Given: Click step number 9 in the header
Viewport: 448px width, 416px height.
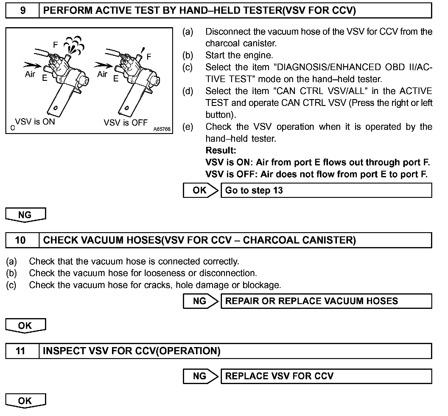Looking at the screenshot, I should pyautogui.click(x=23, y=11).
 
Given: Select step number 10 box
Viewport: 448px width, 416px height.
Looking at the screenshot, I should pyautogui.click(x=21, y=240).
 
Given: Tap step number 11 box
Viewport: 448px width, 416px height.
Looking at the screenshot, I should pyautogui.click(x=21, y=351).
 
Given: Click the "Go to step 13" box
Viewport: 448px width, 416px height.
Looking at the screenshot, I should pyautogui.click(x=326, y=190).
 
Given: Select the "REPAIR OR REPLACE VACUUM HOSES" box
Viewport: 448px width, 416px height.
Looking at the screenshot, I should pyautogui.click(x=326, y=301).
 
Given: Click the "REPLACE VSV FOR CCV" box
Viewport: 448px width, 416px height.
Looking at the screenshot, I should pyautogui.click(x=326, y=376).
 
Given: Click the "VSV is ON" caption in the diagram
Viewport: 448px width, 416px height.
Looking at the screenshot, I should pyautogui.click(x=35, y=122).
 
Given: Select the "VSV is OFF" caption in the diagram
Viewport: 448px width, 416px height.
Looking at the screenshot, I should pyautogui.click(x=125, y=123).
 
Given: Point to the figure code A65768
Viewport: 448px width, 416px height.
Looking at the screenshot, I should pyautogui.click(x=162, y=129).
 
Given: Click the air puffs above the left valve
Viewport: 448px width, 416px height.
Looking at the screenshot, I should pyautogui.click(x=75, y=45).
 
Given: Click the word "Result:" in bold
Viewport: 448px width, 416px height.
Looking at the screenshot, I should pyautogui.click(x=221, y=150).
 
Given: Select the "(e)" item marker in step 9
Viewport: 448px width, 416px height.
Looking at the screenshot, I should pyautogui.click(x=188, y=127).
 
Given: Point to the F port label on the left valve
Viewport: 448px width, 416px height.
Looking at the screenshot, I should pyautogui.click(x=55, y=45).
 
